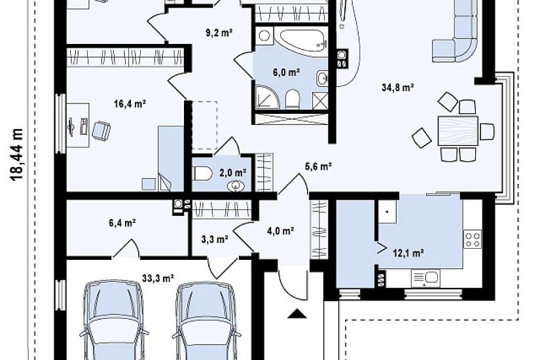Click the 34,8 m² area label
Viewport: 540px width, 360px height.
click(x=398, y=88)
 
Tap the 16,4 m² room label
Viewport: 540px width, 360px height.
click(x=130, y=103)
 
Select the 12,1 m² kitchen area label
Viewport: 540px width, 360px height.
click(x=408, y=253)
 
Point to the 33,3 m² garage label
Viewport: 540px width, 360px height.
click(x=158, y=278)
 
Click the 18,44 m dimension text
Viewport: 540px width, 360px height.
click(x=16, y=154)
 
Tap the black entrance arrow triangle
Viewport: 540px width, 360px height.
click(x=297, y=314)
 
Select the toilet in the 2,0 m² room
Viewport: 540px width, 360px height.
click(x=203, y=173)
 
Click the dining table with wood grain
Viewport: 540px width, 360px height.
click(x=458, y=130)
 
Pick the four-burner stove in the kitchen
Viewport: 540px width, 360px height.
click(x=473, y=239)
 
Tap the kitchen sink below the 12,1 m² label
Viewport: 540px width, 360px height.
click(x=425, y=278)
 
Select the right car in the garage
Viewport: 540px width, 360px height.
click(x=206, y=321)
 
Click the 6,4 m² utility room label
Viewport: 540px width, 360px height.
click(x=122, y=223)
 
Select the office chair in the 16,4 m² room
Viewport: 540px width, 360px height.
click(x=101, y=130)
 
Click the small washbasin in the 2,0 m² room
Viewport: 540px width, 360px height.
click(x=236, y=186)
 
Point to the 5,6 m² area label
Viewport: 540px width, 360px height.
click(x=318, y=167)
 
